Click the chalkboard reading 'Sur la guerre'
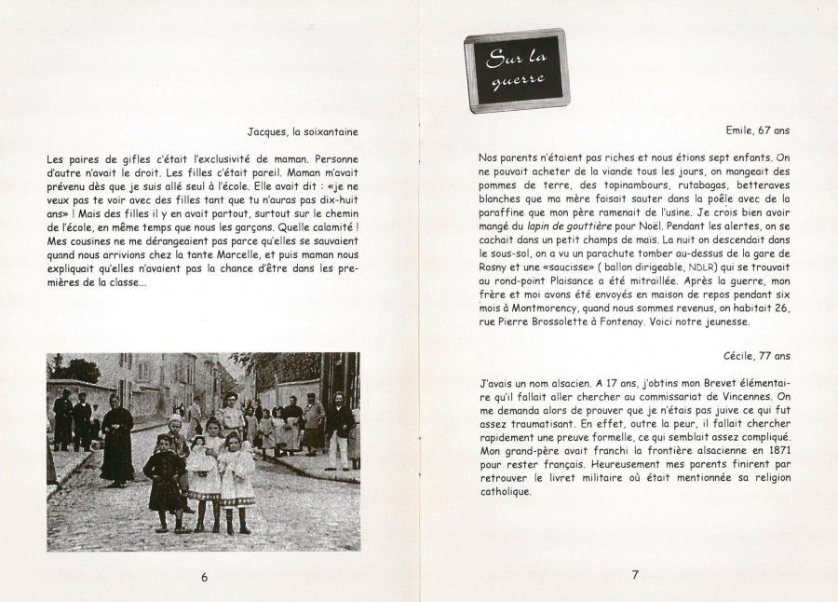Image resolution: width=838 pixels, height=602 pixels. (517, 70)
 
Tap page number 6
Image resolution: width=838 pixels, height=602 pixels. (205, 576)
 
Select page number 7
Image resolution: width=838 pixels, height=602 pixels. (635, 575)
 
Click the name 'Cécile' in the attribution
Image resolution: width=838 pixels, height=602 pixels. (739, 355)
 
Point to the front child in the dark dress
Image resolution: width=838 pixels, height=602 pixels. (166, 480)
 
